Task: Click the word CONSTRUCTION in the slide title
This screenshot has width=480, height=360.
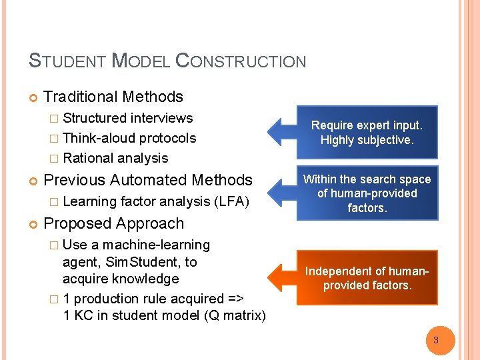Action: coord(241,61)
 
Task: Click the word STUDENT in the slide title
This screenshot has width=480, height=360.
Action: coord(66,61)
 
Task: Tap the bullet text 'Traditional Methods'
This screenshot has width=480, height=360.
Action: coord(113,97)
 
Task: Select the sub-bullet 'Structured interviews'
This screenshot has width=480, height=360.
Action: coord(127,118)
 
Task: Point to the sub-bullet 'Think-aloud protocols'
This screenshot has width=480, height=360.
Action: coord(129,138)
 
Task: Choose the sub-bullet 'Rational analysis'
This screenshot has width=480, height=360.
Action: coord(115,158)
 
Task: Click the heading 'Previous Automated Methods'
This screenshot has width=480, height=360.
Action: coord(147,180)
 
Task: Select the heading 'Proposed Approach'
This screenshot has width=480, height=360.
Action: coord(113,223)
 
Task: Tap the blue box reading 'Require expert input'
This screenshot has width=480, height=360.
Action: coord(367,132)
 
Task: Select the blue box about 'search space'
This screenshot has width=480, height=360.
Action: coord(367,193)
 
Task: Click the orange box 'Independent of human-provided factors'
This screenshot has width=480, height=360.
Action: coord(367,278)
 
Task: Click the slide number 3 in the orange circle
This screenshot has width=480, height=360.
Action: coord(436,340)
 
